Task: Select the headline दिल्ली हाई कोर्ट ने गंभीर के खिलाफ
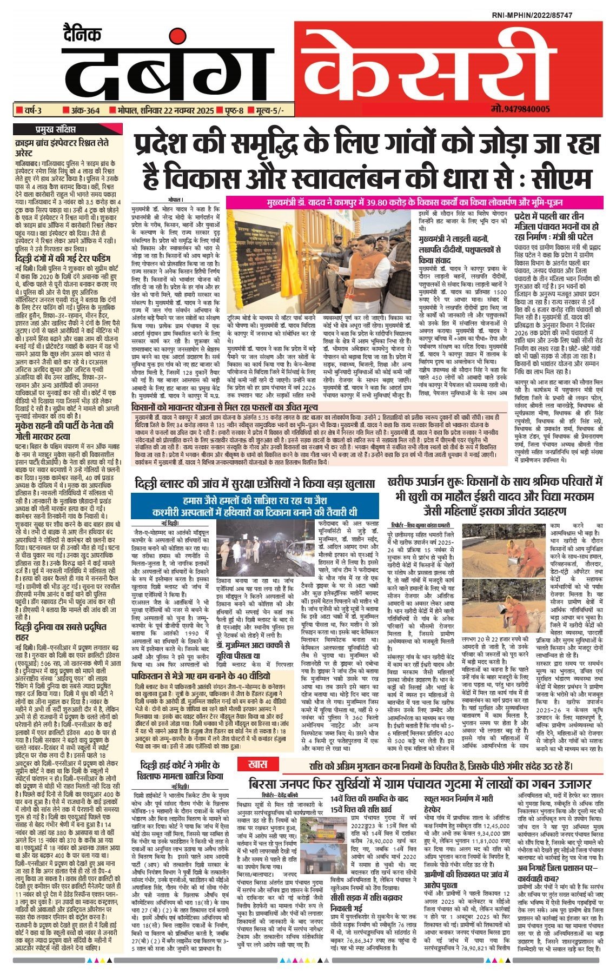pos(180,770)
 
